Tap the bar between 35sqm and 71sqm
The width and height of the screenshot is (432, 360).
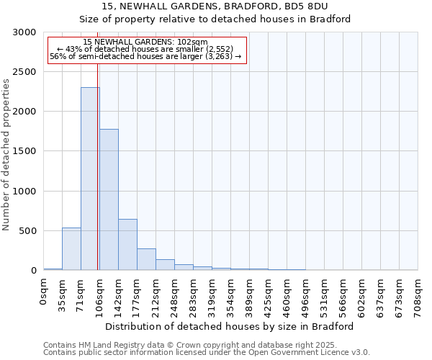point(71,249)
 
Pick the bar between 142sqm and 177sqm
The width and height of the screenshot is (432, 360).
point(127,245)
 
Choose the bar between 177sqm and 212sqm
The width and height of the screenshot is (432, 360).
point(146,259)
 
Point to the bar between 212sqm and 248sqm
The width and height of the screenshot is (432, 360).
point(165,264)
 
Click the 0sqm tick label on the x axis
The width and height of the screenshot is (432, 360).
point(44,292)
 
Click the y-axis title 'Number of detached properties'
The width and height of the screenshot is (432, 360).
point(6,155)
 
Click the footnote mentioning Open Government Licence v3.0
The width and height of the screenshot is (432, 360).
point(207,353)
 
